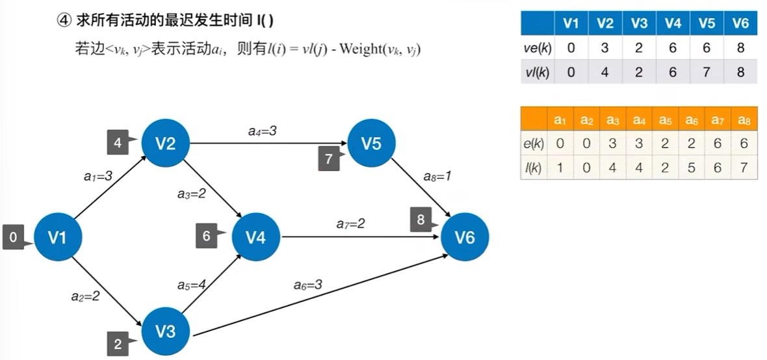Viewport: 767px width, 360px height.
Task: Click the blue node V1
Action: (x=57, y=238)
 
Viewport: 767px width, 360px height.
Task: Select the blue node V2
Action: (x=166, y=143)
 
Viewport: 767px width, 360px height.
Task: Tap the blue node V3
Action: (x=166, y=331)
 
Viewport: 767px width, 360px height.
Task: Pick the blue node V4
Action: (x=255, y=238)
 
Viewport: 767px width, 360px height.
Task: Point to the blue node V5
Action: (x=371, y=143)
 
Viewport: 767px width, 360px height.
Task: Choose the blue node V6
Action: (x=465, y=238)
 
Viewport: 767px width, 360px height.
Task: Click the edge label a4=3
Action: (x=263, y=131)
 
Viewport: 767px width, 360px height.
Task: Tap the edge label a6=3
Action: (x=307, y=284)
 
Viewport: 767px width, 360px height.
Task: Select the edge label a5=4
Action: (x=192, y=285)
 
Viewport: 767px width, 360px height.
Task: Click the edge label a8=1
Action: (x=436, y=175)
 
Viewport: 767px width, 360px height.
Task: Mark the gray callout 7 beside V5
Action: (x=328, y=159)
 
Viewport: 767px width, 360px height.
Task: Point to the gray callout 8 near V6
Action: (x=421, y=220)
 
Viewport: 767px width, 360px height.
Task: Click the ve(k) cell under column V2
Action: (x=604, y=47)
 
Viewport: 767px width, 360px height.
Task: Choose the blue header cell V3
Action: (x=638, y=24)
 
